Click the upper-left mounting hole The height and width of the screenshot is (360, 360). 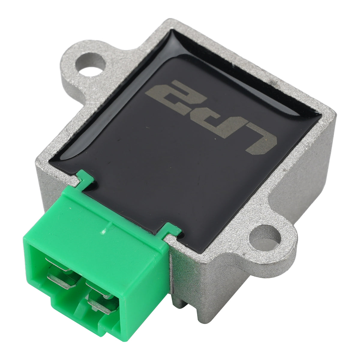click(x=90, y=64)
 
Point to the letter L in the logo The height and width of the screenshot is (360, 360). click(x=261, y=139)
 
